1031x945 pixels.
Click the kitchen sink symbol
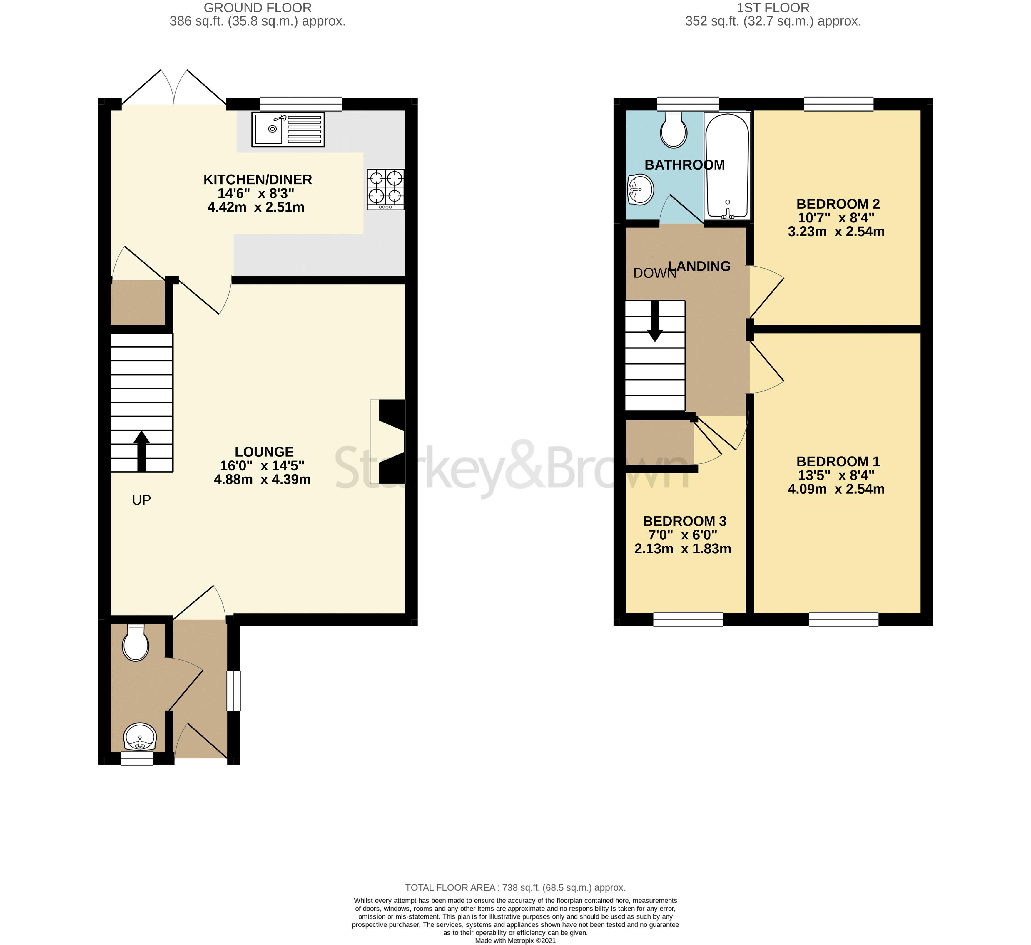pyautogui.click(x=288, y=129)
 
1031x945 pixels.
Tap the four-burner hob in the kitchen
pyautogui.click(x=385, y=189)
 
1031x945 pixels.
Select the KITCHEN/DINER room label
pyautogui.click(x=257, y=180)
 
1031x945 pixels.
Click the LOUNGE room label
pyautogui.click(x=264, y=452)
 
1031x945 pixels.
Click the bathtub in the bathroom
pyautogui.click(x=727, y=166)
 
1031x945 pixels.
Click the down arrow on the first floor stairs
pyautogui.click(x=654, y=322)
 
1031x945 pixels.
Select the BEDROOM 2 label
pyautogui.click(x=838, y=204)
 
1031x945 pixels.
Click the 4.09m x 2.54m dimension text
pyautogui.click(x=836, y=489)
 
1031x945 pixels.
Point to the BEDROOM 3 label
pyautogui.click(x=684, y=521)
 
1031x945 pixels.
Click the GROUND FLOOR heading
pyautogui.click(x=257, y=8)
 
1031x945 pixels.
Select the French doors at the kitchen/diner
pyautogui.click(x=174, y=88)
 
